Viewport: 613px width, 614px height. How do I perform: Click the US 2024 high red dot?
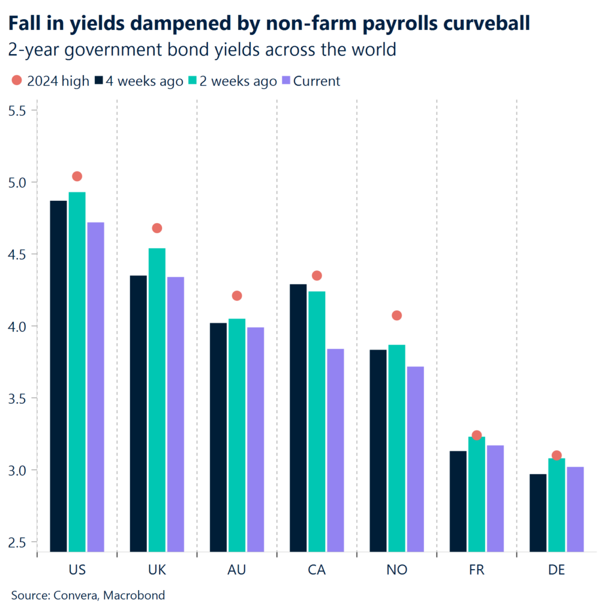(77, 176)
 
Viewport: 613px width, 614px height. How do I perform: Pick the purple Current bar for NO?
(415, 459)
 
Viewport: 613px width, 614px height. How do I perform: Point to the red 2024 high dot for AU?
(237, 296)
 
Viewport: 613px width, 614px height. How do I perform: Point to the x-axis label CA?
(317, 570)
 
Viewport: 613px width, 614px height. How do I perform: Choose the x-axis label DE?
(557, 570)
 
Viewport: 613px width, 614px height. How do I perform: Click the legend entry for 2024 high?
(50, 81)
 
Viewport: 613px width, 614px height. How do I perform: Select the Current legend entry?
(310, 81)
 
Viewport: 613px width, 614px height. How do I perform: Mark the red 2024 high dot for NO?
(396, 315)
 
